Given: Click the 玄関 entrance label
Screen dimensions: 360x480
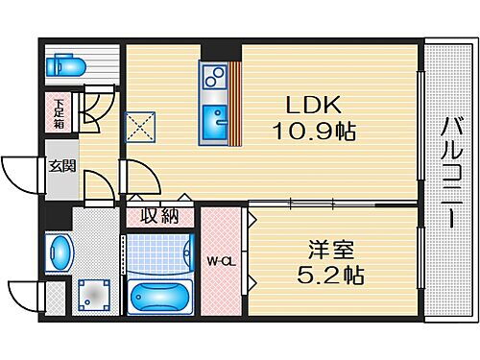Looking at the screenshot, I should [62, 166].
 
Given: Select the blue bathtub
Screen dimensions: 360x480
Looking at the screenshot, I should [161, 295].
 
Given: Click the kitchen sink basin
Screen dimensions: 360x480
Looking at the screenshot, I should [215, 123].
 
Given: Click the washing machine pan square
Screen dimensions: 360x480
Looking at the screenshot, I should [92, 294].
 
